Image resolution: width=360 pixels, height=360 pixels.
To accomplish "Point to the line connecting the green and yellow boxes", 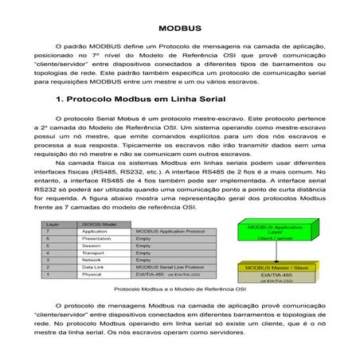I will (x=276, y=252).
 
